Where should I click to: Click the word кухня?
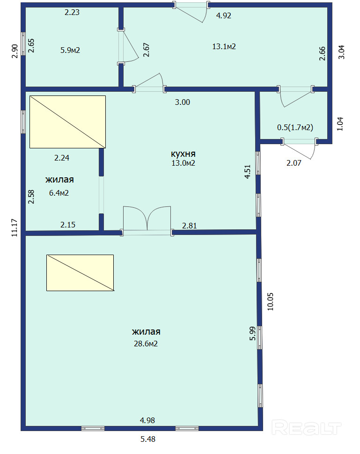pos(183,154)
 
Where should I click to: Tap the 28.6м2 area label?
pos(146,344)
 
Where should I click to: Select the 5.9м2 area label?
pos(70,50)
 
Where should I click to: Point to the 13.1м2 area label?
pos(224,46)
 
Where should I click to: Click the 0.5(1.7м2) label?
pos(295,127)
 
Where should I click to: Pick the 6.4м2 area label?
pos(59,193)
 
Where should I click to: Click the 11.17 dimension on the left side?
pos(15,227)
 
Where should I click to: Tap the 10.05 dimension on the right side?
pos(270,302)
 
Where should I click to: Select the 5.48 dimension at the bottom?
pos(148,439)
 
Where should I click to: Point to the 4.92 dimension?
pos(224,15)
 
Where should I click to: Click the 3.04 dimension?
pos(342,52)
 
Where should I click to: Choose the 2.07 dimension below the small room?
pos(294,163)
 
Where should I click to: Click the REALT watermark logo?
pos(307,428)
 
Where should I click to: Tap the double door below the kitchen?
pos(147,219)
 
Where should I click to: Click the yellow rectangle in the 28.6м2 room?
pos(80,273)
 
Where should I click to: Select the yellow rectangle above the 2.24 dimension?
pos(67,122)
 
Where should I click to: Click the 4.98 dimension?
pos(147,420)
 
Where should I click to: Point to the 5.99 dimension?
pos(252,333)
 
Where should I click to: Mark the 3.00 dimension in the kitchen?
pos(183,102)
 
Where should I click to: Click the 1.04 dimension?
pos(340,124)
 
